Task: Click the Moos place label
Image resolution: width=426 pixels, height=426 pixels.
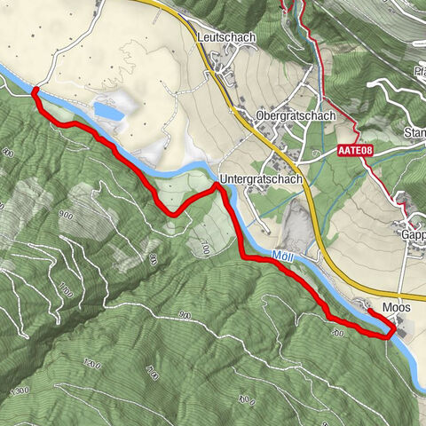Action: [x=397, y=307]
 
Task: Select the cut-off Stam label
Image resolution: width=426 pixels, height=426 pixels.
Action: [x=414, y=133]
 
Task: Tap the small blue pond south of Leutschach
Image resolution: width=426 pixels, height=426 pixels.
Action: [x=108, y=111]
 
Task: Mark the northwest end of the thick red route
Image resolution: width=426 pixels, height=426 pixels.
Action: [x=34, y=91]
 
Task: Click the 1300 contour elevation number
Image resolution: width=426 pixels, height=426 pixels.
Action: [x=21, y=390]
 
